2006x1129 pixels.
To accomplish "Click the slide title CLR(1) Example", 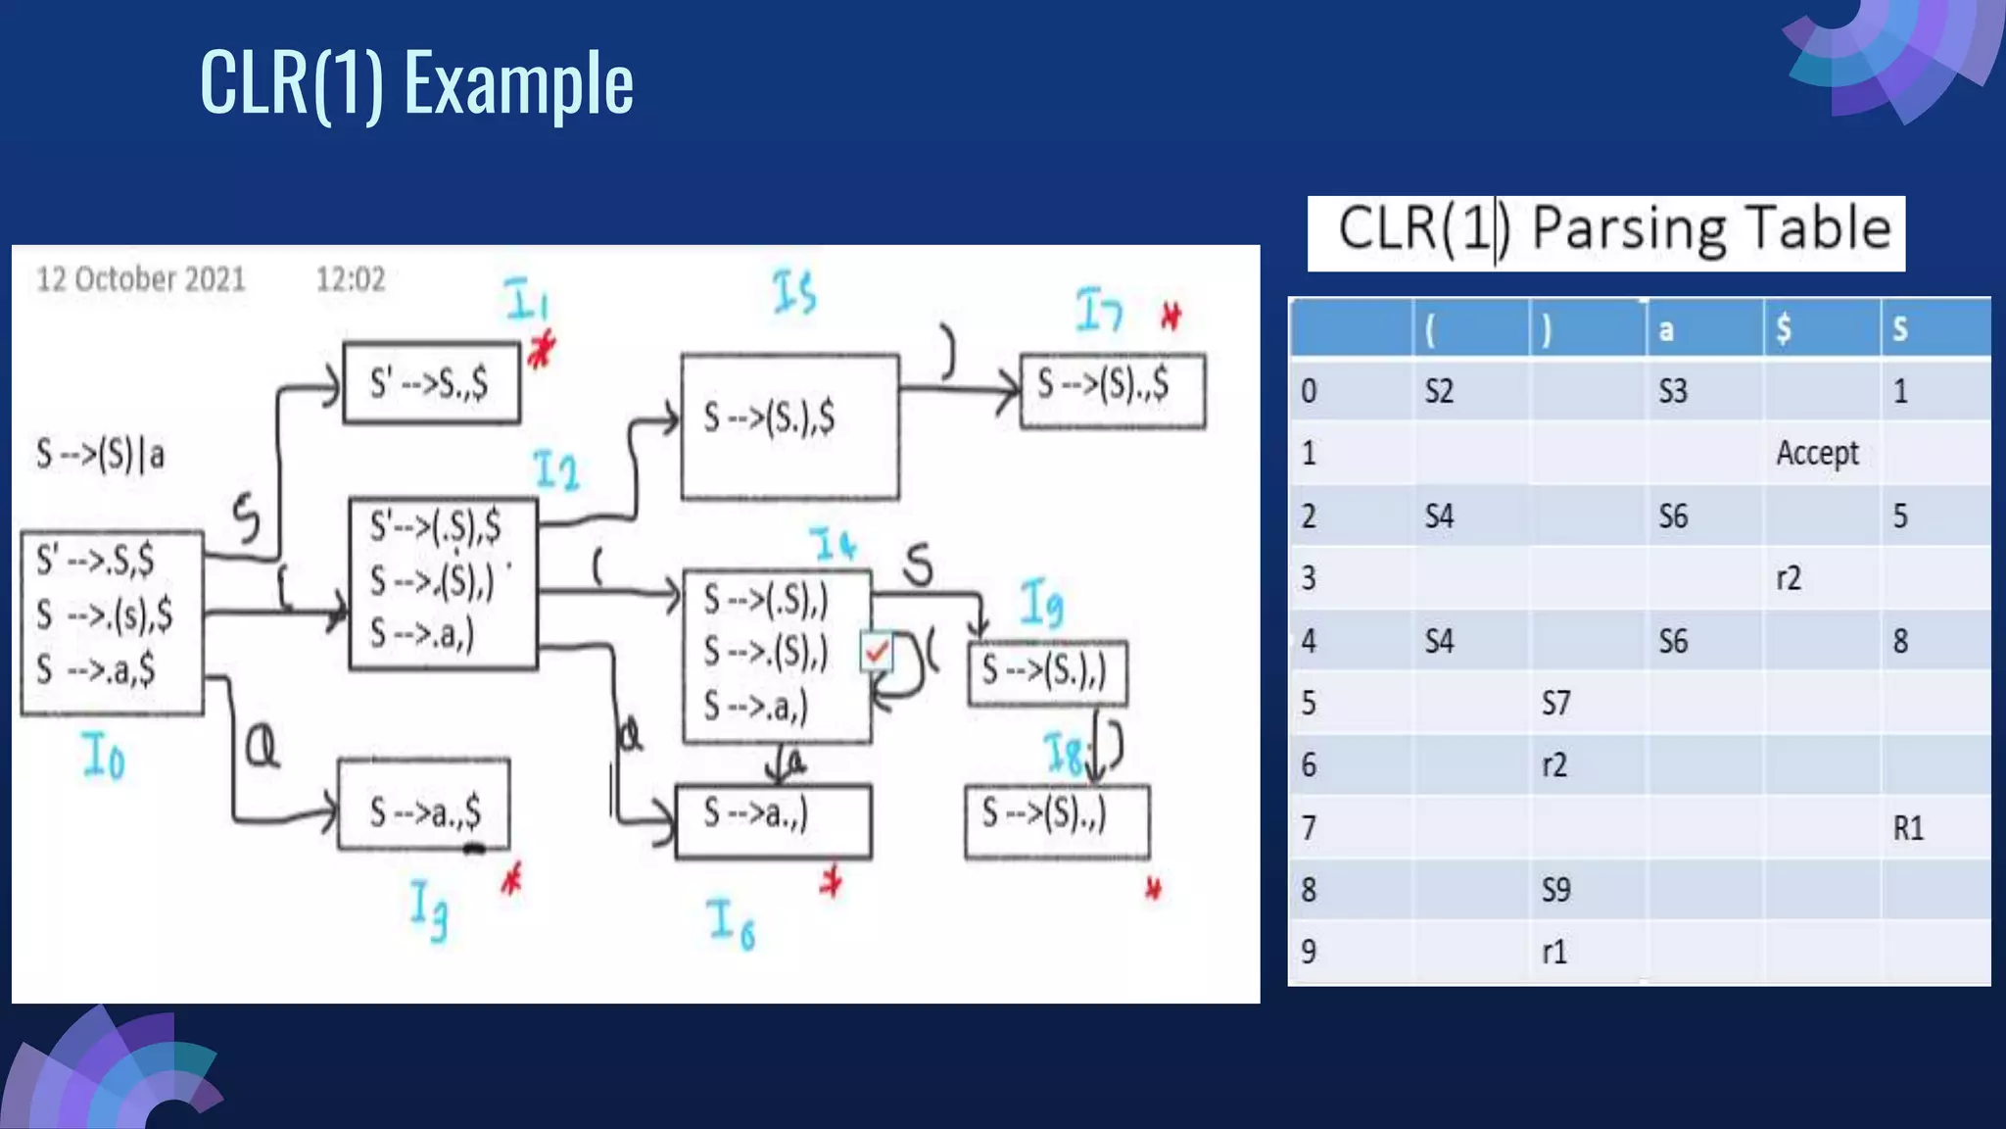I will click(x=416, y=82).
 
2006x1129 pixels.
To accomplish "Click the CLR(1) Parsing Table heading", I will click(x=1606, y=232).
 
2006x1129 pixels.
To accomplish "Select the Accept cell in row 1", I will click(x=1817, y=453).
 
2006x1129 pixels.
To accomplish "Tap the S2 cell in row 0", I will click(x=1439, y=392).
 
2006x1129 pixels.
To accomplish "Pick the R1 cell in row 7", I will click(x=1908, y=828).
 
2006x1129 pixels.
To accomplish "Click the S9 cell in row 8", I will click(x=1555, y=890).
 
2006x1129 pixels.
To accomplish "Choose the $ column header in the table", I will click(x=1784, y=329).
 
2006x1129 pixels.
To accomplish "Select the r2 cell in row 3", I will click(x=1789, y=578).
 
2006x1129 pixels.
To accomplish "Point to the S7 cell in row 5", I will click(x=1555, y=703).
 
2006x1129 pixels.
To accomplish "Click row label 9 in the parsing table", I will click(x=1309, y=952).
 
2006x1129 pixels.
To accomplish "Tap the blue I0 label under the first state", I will click(x=104, y=757).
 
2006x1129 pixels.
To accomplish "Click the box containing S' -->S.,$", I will click(x=431, y=383).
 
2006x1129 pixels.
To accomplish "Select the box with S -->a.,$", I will click(x=424, y=805).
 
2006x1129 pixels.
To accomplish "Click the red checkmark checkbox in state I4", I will click(x=877, y=651).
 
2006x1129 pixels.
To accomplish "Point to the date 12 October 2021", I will click(x=141, y=279).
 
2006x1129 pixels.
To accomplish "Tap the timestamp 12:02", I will click(x=350, y=280).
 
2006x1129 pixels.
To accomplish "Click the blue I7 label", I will click(x=1098, y=311).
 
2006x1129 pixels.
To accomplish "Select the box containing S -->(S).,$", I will click(x=1112, y=391).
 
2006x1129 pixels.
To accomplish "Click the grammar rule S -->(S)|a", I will click(x=100, y=455).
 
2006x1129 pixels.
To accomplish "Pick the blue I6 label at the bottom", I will click(x=731, y=924).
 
